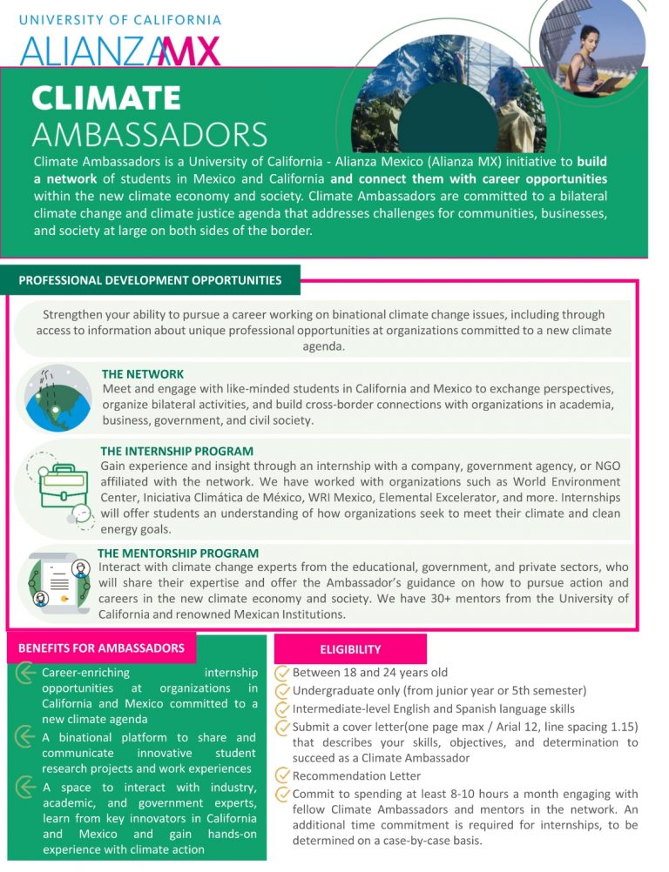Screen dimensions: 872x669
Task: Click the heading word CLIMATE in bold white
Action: [x=106, y=98]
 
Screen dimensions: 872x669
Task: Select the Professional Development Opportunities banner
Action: [x=150, y=280]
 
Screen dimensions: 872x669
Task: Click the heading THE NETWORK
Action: [x=143, y=374]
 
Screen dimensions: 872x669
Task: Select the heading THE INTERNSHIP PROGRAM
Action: [x=177, y=451]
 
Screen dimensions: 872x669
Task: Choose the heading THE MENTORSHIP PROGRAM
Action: [x=178, y=553]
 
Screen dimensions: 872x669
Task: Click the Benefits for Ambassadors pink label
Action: [x=101, y=647]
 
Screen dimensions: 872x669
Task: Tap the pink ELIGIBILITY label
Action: [x=350, y=649]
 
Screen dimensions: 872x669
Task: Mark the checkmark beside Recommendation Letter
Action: [x=282, y=775]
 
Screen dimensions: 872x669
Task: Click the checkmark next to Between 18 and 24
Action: [x=282, y=673]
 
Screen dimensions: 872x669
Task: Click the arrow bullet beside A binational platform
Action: [x=27, y=737]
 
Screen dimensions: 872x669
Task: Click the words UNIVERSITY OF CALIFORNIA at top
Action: [x=120, y=19]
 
